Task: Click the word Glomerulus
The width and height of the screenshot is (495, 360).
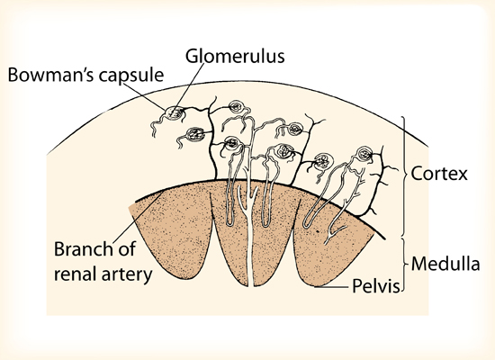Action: tap(235, 57)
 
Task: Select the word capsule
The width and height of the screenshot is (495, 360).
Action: tap(131, 76)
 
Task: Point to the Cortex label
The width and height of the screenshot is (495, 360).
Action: tap(439, 174)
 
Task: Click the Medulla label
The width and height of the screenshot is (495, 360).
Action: tap(445, 264)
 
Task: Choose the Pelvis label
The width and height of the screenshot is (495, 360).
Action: tap(375, 286)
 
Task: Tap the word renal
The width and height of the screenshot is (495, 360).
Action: tap(76, 274)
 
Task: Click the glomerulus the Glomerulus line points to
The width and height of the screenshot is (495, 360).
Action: tap(175, 112)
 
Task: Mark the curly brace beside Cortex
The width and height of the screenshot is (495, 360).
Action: tap(405, 175)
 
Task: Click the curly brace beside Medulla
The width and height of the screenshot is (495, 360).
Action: tap(405, 264)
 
